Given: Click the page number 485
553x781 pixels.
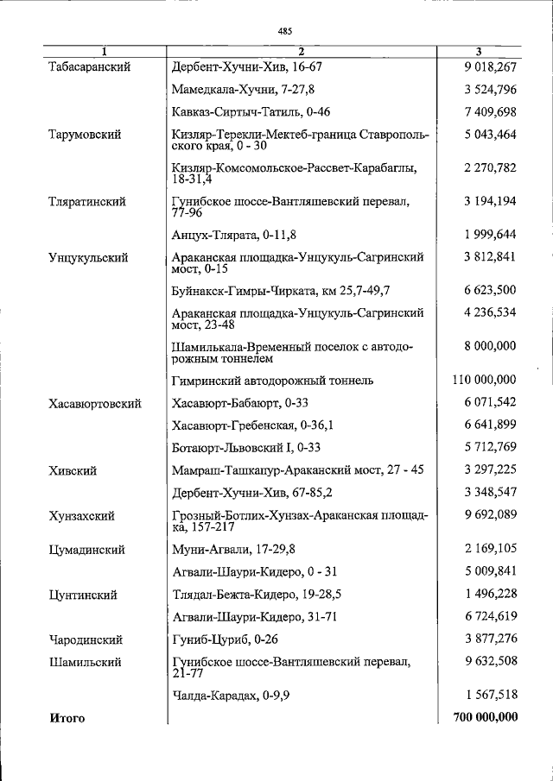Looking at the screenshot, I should pyautogui.click(x=285, y=31).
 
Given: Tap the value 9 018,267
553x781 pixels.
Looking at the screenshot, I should pyautogui.click(x=489, y=66).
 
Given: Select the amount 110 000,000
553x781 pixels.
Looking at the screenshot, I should pyautogui.click(x=484, y=380).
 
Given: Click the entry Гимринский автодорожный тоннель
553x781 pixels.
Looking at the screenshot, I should pyautogui.click(x=273, y=380).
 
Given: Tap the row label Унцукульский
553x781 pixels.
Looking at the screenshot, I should pyautogui.click(x=89, y=257).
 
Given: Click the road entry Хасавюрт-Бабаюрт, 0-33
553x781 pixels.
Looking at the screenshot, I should pyautogui.click(x=240, y=403).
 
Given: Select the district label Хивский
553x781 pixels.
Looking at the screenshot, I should pyautogui.click(x=73, y=471).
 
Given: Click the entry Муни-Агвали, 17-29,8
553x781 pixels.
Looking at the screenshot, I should pyautogui.click(x=232, y=550).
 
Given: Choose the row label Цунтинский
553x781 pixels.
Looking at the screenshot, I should pyautogui.click(x=84, y=595).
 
